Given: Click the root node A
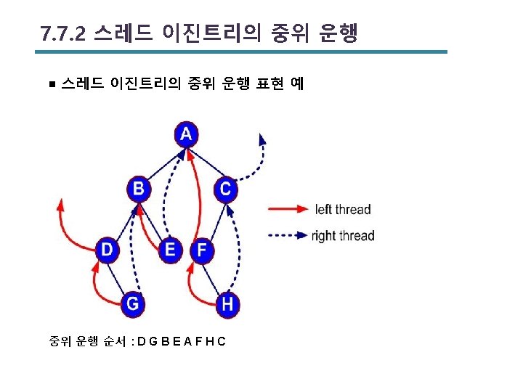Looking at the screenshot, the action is point(187,134).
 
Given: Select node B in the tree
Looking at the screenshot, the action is point(138,189).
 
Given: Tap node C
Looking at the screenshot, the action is point(225,189).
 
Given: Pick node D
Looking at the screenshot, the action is point(108,250).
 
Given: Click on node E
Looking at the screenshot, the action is point(171,250).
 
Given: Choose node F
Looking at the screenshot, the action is point(202,251).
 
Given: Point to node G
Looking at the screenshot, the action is point(132,303).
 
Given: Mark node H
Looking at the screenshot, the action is point(227,303).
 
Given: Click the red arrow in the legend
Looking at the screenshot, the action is point(288,209).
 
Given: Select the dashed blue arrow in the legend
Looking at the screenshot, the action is point(288,235).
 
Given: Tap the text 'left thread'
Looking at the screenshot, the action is point(343,210).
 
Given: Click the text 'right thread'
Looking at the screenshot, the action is point(343,236).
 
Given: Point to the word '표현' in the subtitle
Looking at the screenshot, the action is point(268,83).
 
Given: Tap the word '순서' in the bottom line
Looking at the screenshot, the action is point(117,340).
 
